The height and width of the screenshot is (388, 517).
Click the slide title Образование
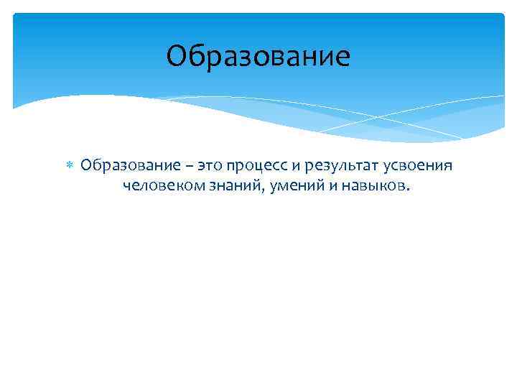(258, 57)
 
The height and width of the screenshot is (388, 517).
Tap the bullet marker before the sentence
(69, 166)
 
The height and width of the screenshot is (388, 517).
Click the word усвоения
(417, 167)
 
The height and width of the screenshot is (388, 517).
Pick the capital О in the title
(176, 57)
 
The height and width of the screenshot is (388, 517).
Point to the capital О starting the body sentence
(86, 166)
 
